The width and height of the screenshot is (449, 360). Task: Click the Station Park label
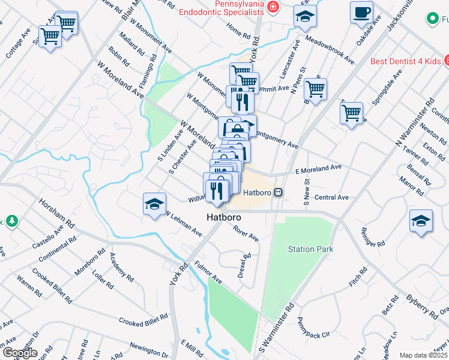pyautogui.click(x=310, y=249)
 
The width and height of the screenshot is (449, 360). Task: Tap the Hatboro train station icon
pyautogui.click(x=278, y=193)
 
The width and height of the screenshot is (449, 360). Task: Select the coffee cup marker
pyautogui.click(x=361, y=13)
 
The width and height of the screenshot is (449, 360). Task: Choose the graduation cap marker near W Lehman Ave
pyautogui.click(x=154, y=205)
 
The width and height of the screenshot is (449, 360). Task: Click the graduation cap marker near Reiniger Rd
pyautogui.click(x=421, y=221)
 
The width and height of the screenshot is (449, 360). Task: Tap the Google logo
pyautogui.click(x=19, y=353)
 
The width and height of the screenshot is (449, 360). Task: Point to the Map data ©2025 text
pyautogui.click(x=423, y=355)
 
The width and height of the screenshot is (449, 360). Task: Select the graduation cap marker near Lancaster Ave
pyautogui.click(x=305, y=17)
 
